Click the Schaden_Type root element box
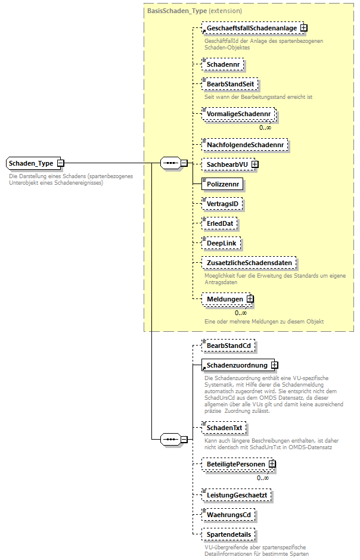pos(32,163)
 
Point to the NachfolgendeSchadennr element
pos(245,144)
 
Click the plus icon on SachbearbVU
pos(255,164)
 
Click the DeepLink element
pos(221,243)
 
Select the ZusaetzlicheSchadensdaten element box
pos(249,263)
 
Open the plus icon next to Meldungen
pos(250,299)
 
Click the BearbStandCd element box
pos(228,345)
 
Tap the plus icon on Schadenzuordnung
pos(275,365)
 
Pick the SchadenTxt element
pos(224,428)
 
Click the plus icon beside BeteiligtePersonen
pos(272,463)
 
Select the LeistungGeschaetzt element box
pos(237,494)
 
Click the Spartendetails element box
pos(228,534)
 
